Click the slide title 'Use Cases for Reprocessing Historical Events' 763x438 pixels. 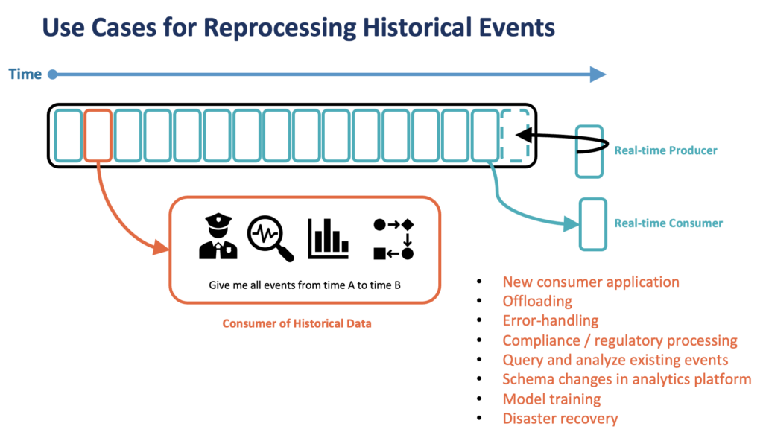click(298, 28)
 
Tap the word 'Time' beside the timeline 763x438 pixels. click(24, 74)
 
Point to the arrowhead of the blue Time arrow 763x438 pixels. click(598, 74)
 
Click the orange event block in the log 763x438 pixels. click(98, 135)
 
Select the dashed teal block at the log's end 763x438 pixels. click(516, 135)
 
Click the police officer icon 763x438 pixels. click(218, 238)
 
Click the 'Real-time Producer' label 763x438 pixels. click(665, 150)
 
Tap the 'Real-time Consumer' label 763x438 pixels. click(668, 223)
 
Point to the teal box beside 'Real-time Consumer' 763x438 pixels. click(593, 223)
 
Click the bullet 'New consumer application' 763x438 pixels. click(591, 282)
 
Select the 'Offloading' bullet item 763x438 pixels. click(537, 302)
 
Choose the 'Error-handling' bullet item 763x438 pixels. click(551, 321)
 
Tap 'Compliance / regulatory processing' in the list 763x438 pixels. click(620, 340)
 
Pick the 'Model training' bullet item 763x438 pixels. click(552, 399)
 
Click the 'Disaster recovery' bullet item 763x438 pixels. click(560, 419)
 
